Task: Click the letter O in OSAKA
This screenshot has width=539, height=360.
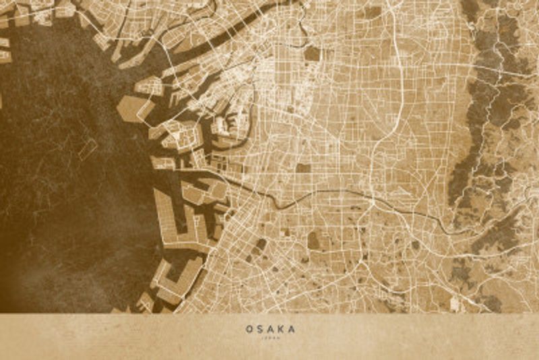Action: [x=249, y=329]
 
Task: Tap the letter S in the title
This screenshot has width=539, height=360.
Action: [x=260, y=329]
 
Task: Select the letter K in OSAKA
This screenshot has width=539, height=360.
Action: [x=281, y=329]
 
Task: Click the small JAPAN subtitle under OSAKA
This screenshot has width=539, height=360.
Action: [x=270, y=338]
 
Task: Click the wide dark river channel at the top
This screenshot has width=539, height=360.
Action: [x=222, y=34]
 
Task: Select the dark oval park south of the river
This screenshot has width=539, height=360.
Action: [x=314, y=240]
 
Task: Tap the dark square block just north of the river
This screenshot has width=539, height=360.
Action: [x=303, y=168]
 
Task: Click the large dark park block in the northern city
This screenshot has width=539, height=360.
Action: [x=311, y=53]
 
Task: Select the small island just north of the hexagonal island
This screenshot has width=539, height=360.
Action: [x=150, y=86]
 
